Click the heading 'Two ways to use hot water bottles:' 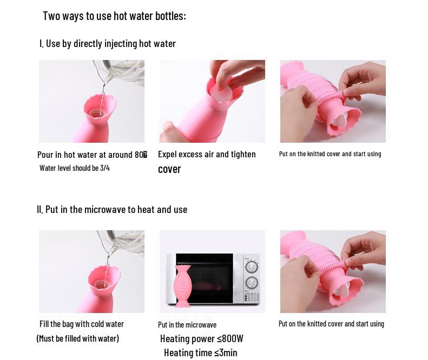click(x=114, y=16)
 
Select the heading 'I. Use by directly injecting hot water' click(x=108, y=44)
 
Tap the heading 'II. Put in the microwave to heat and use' click(x=112, y=209)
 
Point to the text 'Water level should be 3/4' click(x=75, y=168)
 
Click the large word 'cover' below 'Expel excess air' click(x=169, y=169)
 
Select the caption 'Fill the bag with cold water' click(x=82, y=324)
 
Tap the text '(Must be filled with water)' click(x=78, y=338)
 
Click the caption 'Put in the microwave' click(x=187, y=325)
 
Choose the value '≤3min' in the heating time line click(x=226, y=352)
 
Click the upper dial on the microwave click(x=251, y=266)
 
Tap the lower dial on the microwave click(x=251, y=283)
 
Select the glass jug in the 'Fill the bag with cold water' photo click(x=123, y=242)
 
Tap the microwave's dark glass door click(x=205, y=278)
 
